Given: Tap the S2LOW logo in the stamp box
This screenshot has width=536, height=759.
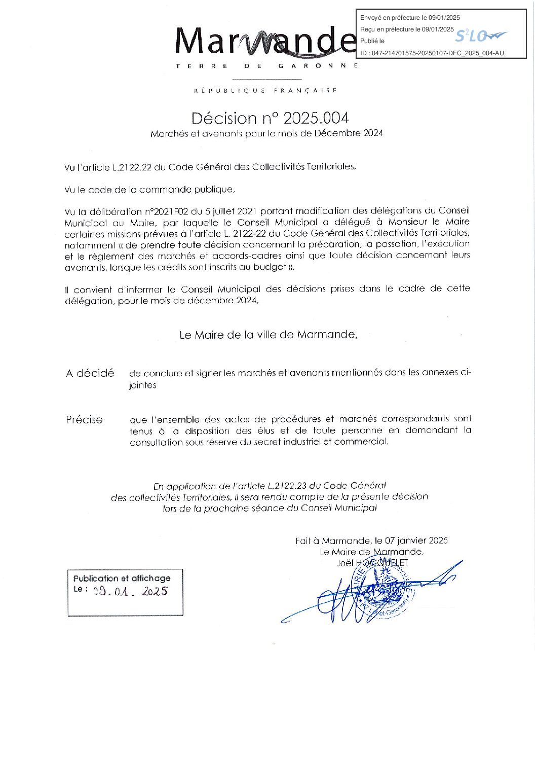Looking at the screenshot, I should pos(480,36).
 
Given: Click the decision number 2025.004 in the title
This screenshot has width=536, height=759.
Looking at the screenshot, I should pos(316,119).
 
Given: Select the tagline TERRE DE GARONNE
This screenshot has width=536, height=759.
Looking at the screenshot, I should pos(267,66).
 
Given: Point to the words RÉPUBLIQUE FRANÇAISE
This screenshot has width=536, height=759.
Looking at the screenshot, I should pos(265,91).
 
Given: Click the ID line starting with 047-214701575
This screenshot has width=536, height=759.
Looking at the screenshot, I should pos(432,53).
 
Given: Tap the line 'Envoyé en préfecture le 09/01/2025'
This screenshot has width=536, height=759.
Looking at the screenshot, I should pos(410,18).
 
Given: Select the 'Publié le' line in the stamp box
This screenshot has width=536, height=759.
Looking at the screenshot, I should pos(372,41).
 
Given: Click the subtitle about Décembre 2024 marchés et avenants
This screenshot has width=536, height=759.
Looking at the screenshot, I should pos(266,134).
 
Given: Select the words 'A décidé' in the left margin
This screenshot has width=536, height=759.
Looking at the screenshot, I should pos(90,374).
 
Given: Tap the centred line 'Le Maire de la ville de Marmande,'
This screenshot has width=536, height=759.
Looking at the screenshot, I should pos(268,335).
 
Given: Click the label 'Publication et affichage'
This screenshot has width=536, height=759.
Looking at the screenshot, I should pos(122,579).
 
